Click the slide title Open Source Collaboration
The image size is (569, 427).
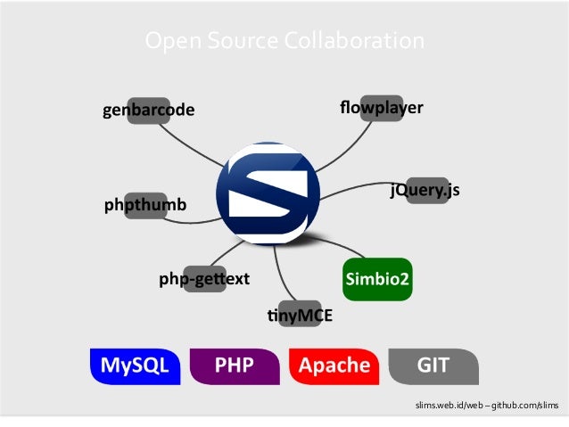point(284,41)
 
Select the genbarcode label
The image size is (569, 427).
point(148,111)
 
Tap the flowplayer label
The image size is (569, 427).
point(381,109)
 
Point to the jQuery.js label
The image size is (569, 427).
point(425,190)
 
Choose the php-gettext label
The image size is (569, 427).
point(204,279)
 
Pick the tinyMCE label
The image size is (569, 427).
point(300,315)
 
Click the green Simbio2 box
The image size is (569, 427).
point(378,279)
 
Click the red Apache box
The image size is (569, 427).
point(334,365)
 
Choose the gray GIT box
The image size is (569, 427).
point(433,365)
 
